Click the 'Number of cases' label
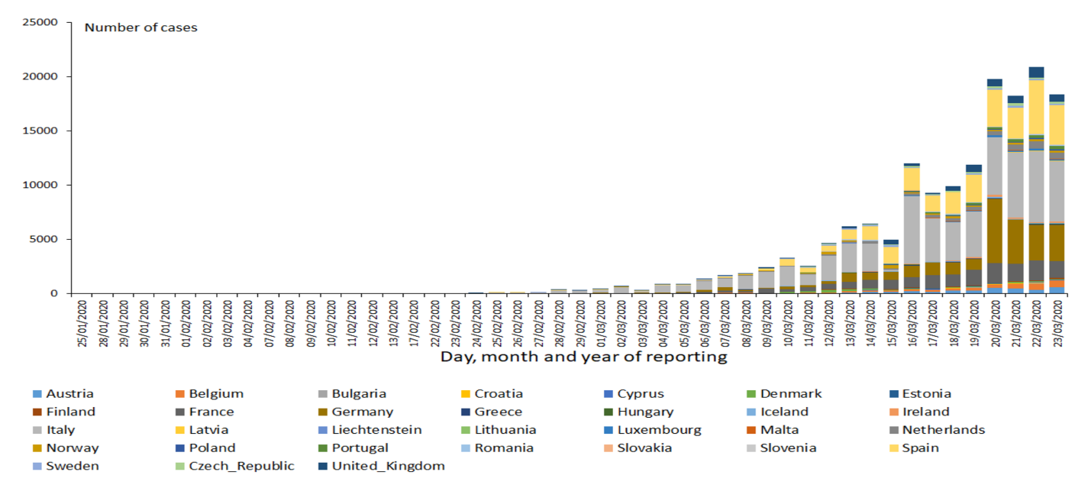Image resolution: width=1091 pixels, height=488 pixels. coord(140,27)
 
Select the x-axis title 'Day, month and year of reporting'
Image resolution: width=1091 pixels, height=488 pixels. coord(583,356)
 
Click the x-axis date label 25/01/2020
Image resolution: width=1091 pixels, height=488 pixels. coord(82,324)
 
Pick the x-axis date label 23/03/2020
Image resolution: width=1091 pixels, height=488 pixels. coord(1057,324)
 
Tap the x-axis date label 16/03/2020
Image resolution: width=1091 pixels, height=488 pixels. coord(912,324)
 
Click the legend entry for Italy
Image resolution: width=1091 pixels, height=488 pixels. coord(60,430)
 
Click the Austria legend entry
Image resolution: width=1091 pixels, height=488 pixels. coord(69,394)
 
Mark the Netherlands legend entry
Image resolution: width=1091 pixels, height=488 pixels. coord(943,430)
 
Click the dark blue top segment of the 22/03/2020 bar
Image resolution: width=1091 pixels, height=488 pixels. coord(1036,72)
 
